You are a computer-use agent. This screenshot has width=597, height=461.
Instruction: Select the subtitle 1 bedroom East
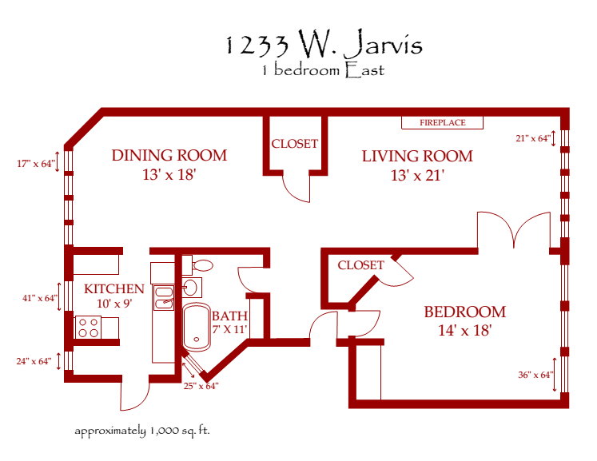click(322, 70)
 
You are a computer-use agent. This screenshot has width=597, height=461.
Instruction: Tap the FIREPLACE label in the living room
click(443, 123)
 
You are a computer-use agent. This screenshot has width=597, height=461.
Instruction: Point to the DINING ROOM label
click(169, 155)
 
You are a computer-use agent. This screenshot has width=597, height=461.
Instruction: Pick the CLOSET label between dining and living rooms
click(295, 144)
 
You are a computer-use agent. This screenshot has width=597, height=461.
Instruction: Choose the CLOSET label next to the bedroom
click(360, 265)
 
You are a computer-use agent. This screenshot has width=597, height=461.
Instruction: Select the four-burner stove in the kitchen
click(88, 327)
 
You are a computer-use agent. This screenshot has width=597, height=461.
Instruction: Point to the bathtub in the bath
click(195, 328)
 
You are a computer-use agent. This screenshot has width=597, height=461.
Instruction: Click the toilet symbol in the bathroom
click(203, 264)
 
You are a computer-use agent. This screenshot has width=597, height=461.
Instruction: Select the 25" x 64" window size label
click(201, 386)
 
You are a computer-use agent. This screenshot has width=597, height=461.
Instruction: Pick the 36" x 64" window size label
click(534, 375)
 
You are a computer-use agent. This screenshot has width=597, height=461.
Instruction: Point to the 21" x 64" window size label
click(532, 138)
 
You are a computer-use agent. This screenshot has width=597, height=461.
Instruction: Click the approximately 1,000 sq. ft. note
click(141, 431)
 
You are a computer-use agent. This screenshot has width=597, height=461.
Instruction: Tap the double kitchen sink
click(164, 297)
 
